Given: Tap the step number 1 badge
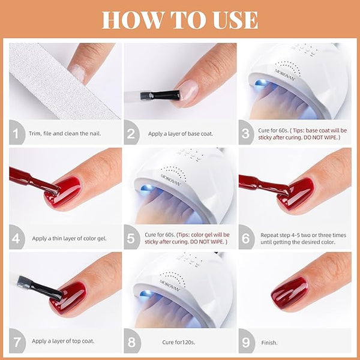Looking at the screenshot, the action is (16, 133).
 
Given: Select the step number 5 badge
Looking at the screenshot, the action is (131, 238).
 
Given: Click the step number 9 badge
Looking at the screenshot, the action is (246, 342).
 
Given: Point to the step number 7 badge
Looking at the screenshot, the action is (17, 341).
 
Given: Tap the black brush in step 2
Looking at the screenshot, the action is (160, 95).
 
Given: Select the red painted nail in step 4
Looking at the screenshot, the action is (63, 192).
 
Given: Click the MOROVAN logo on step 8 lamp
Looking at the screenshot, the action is (170, 284).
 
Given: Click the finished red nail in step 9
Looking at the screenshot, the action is (290, 292).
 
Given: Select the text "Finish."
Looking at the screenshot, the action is (269, 343).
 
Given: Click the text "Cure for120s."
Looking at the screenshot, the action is (178, 342).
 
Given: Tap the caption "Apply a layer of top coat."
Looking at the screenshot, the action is (63, 341).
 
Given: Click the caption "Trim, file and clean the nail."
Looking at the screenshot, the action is (65, 133).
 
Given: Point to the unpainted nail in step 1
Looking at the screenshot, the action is (78, 73).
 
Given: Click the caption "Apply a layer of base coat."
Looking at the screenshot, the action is (181, 134).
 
